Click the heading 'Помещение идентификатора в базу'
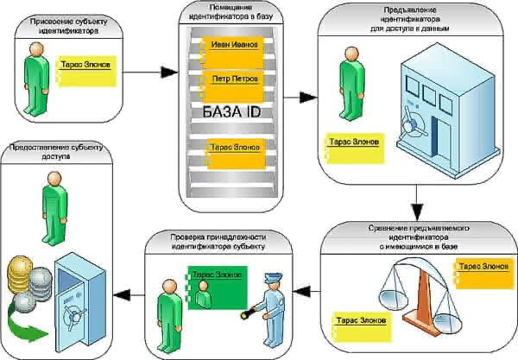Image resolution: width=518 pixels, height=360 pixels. pyautogui.click(x=231, y=12)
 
